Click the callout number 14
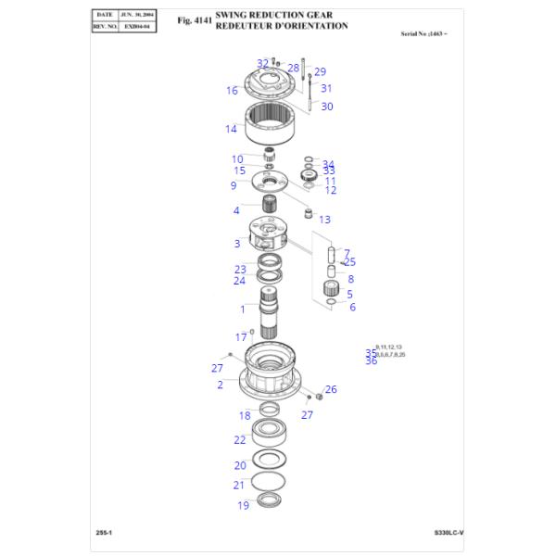[231, 129]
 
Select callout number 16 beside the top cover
[232, 91]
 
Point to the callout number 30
[326, 107]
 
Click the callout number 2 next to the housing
[220, 384]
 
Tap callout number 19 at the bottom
[243, 505]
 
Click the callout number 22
[239, 440]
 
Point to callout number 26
[331, 389]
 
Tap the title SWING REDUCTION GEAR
[273, 16]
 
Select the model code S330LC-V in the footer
[449, 533]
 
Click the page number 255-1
[105, 533]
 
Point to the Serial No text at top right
[428, 33]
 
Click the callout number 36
[371, 360]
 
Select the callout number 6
[352, 307]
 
